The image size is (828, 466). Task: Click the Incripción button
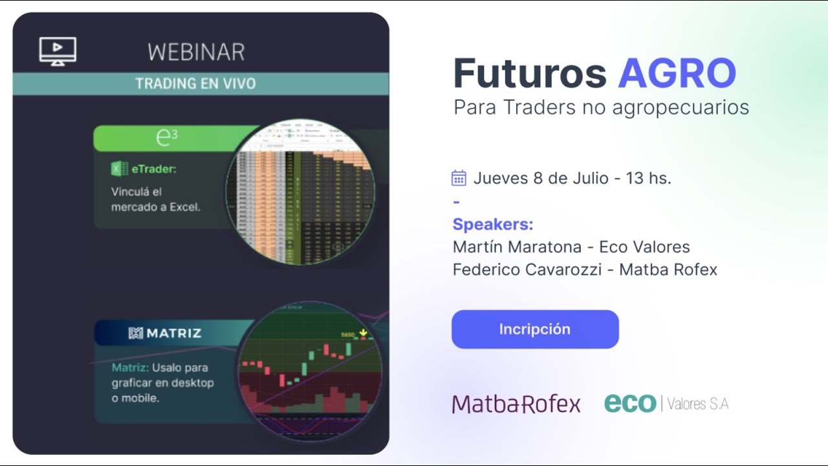click(534, 329)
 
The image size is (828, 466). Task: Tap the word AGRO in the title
click(677, 73)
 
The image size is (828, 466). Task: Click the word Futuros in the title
click(530, 73)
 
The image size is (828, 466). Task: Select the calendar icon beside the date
click(459, 178)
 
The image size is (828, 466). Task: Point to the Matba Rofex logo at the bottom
click(516, 404)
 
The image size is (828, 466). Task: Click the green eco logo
click(630, 403)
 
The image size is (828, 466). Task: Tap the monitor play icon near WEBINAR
click(58, 50)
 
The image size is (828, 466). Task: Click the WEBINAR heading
click(196, 52)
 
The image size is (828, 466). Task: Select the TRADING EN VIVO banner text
click(195, 84)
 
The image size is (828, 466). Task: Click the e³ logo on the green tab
click(166, 137)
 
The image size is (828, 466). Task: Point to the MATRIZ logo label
click(165, 333)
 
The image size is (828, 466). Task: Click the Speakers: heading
click(493, 225)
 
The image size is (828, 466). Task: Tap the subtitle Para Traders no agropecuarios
click(601, 107)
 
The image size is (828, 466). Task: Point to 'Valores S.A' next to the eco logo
click(697, 404)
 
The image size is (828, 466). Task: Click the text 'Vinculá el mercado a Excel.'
click(156, 199)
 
